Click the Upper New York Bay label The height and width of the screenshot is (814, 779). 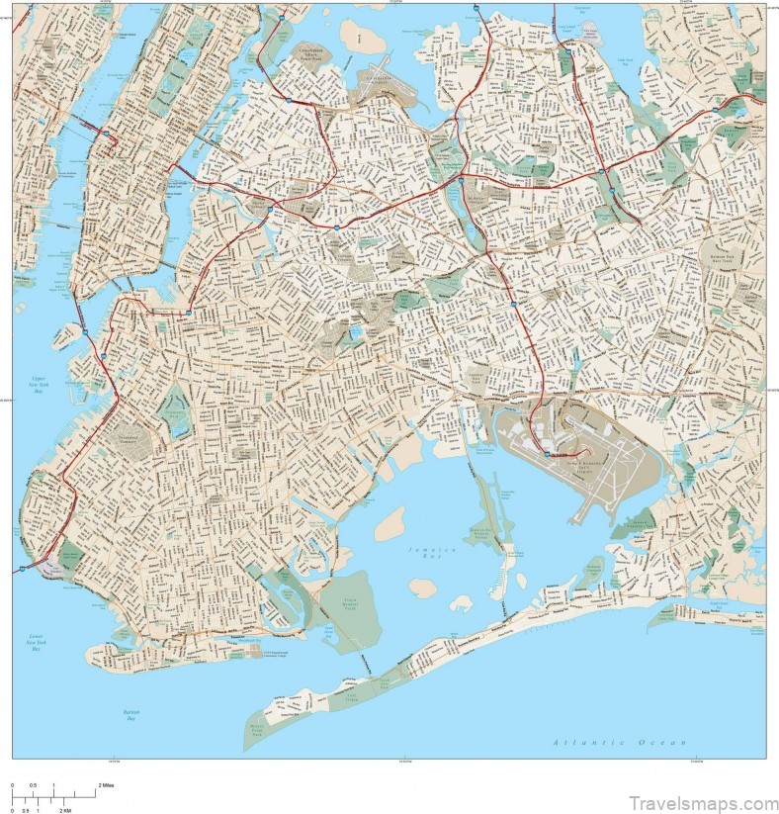click(39, 386)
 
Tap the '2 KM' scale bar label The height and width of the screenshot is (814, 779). click(65, 809)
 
